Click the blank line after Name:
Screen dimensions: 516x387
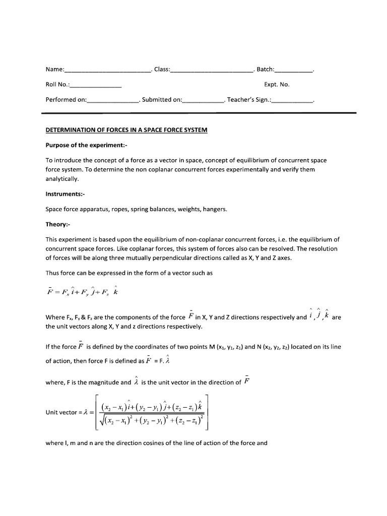108,70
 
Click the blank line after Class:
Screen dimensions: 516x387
212,70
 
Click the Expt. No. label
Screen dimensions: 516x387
277,85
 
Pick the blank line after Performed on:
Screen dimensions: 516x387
113,101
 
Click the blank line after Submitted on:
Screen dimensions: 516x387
204,101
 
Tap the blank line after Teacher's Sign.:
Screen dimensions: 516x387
292,101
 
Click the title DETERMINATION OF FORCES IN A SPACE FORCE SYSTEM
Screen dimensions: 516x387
126,130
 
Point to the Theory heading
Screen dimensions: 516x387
58,224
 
